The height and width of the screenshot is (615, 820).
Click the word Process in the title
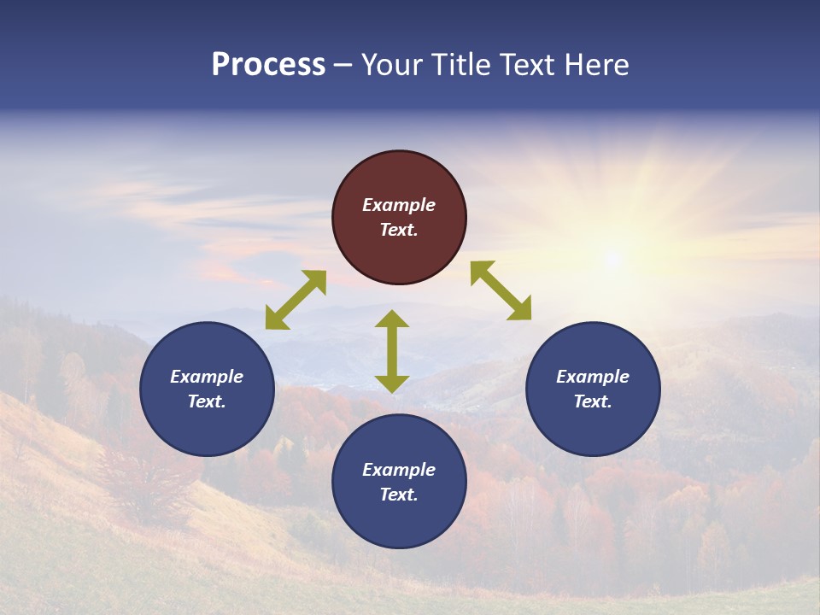[268, 65]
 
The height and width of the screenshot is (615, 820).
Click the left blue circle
[207, 389]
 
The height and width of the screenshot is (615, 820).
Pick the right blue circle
[593, 389]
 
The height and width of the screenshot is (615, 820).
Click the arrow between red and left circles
[296, 300]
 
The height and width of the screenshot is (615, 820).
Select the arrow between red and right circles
[501, 290]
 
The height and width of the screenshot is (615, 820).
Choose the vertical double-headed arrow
[392, 351]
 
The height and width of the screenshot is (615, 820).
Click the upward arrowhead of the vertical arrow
[392, 319]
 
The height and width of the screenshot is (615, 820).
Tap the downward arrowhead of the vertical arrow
[392, 384]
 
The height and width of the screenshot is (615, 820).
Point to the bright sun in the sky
[612, 257]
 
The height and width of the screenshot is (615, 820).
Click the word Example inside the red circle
[399, 205]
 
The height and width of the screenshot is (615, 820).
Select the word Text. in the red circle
[399, 230]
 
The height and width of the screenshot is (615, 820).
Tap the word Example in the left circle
[207, 377]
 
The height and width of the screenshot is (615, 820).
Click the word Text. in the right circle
[593, 401]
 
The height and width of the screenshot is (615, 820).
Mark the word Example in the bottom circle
[399, 470]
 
